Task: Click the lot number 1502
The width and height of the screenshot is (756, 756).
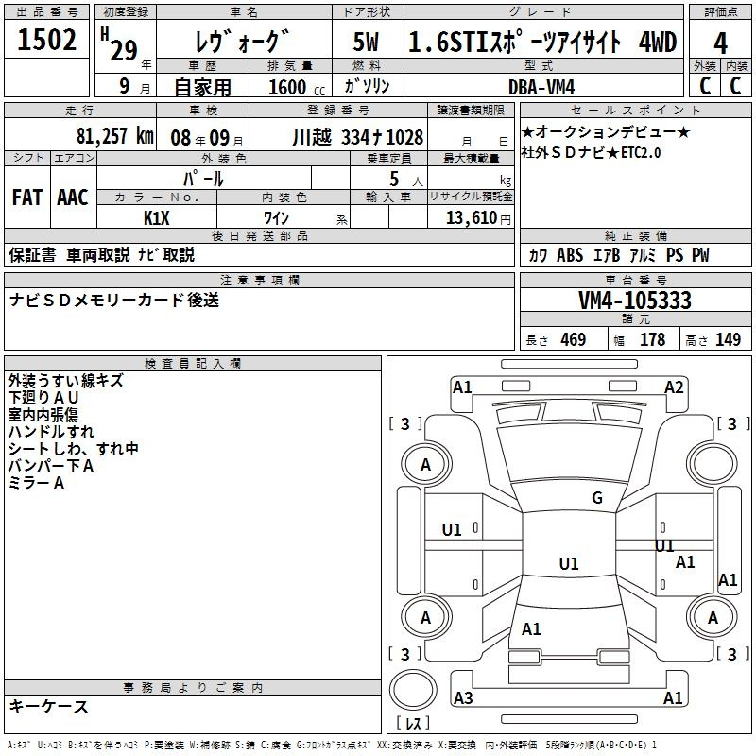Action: tap(46, 40)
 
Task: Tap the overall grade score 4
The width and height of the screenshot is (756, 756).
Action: tap(720, 43)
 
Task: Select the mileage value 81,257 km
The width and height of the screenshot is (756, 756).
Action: tap(115, 136)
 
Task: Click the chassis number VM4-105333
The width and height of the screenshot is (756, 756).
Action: tap(635, 301)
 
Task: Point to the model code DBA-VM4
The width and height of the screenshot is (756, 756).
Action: tap(541, 87)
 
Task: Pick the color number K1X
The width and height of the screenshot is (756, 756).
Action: tap(157, 218)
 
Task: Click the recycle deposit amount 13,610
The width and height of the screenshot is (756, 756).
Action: tap(472, 218)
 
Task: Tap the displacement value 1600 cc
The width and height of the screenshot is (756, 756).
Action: tap(297, 87)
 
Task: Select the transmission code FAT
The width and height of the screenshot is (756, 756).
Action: tap(27, 198)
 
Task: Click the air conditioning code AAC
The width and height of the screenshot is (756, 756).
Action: tap(73, 198)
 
